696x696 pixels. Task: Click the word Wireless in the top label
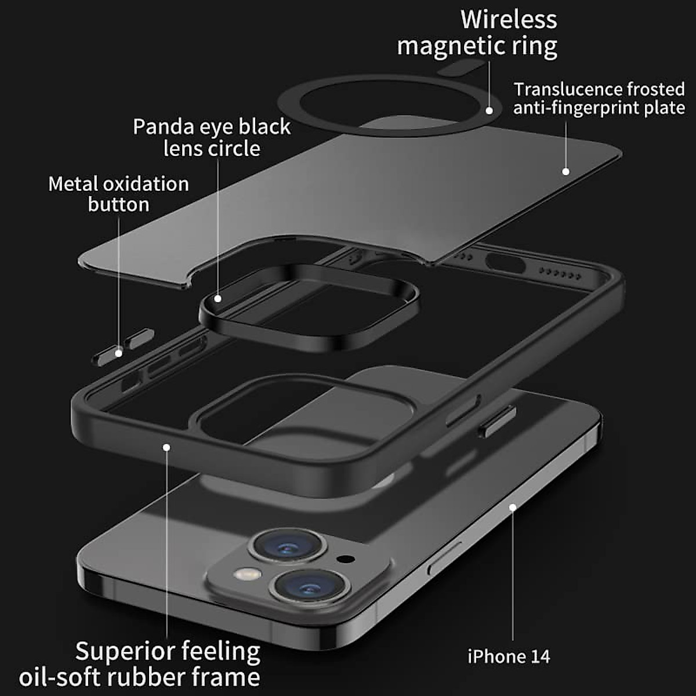click(x=509, y=20)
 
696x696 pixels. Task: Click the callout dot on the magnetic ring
click(x=490, y=110)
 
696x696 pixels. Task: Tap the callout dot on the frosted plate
click(x=565, y=171)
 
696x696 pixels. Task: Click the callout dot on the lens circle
click(x=217, y=299)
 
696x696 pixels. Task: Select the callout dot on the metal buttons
click(x=118, y=353)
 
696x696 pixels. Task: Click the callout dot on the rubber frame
click(x=166, y=447)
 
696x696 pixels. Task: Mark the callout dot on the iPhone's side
click(x=513, y=507)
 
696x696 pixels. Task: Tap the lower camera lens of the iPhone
click(x=312, y=584)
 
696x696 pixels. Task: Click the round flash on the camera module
click(x=248, y=574)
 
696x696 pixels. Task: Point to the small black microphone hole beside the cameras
click(x=346, y=560)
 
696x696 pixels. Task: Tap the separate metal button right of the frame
click(x=497, y=420)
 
